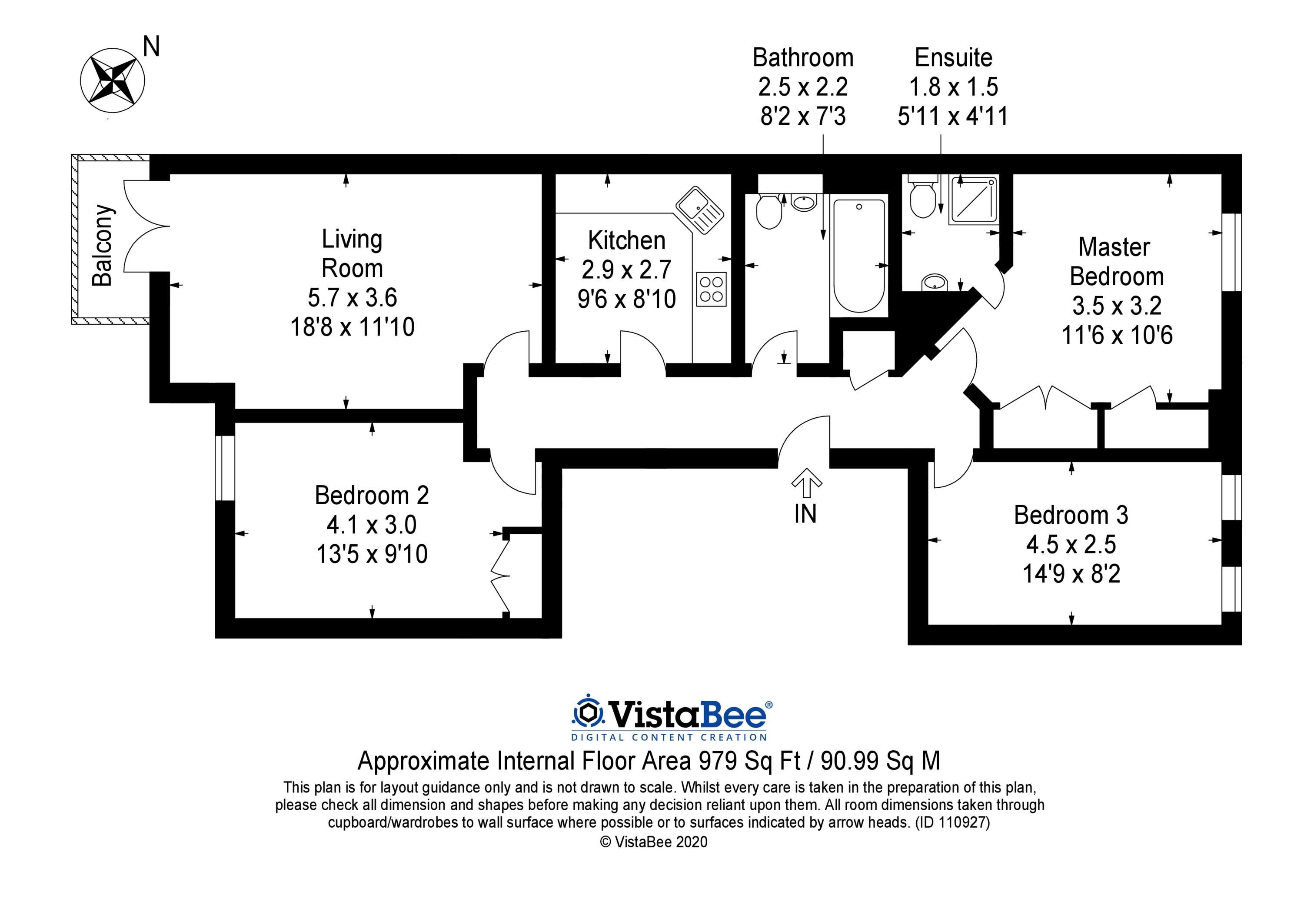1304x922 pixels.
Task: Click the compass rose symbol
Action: (113, 80)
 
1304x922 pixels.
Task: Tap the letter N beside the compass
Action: (151, 47)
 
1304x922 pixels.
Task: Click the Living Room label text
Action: (352, 253)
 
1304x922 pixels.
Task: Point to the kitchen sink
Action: (699, 210)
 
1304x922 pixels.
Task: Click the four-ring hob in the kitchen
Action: (711, 290)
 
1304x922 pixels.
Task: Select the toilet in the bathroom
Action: (769, 211)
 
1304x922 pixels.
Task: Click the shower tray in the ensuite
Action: (973, 199)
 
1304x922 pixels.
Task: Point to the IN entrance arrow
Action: (806, 483)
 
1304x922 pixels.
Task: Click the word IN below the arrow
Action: (805, 514)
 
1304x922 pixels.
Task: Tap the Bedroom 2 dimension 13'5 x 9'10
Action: (372, 554)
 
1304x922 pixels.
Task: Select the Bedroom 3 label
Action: (1071, 515)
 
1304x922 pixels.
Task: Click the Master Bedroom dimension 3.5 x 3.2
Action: (1117, 306)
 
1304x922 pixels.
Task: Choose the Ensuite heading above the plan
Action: (954, 57)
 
